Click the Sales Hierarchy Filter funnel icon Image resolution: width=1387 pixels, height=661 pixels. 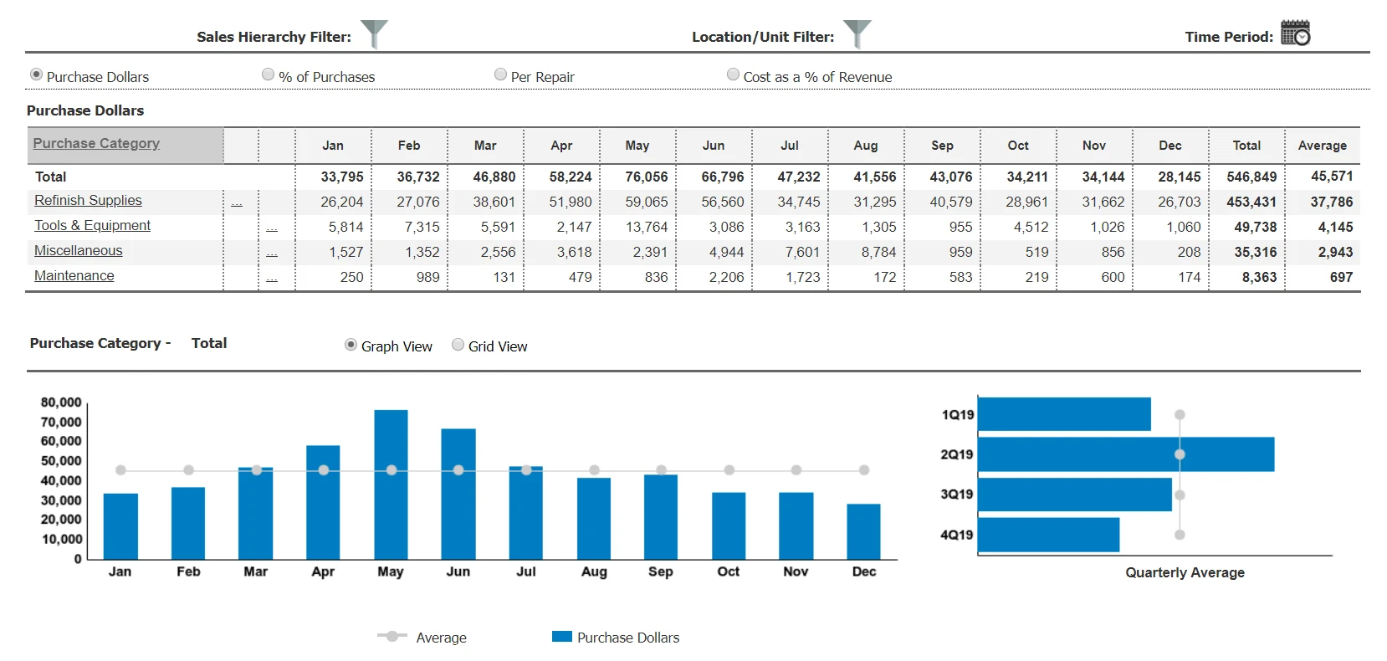click(373, 34)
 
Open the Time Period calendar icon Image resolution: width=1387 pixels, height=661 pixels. click(1295, 33)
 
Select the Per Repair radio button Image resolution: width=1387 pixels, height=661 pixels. click(500, 74)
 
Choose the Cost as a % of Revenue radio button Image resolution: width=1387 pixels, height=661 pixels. click(733, 74)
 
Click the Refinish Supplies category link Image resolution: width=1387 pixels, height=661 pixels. click(88, 201)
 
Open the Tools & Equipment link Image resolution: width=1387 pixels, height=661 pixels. click(92, 226)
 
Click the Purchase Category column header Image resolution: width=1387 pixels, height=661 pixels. click(96, 144)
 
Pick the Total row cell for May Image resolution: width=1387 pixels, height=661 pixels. click(646, 177)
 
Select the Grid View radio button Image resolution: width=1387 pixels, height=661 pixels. click(458, 345)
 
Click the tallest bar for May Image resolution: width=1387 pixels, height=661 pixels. click(391, 485)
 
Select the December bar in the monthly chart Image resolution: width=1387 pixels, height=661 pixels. click(863, 531)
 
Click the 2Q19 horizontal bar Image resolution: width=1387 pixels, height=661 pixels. click(1125, 454)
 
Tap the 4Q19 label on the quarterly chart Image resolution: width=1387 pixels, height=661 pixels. click(956, 535)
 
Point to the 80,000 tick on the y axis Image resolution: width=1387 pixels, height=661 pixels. click(61, 402)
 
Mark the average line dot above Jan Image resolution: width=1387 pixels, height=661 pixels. click(120, 470)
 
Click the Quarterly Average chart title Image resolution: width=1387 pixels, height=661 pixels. click(1184, 572)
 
